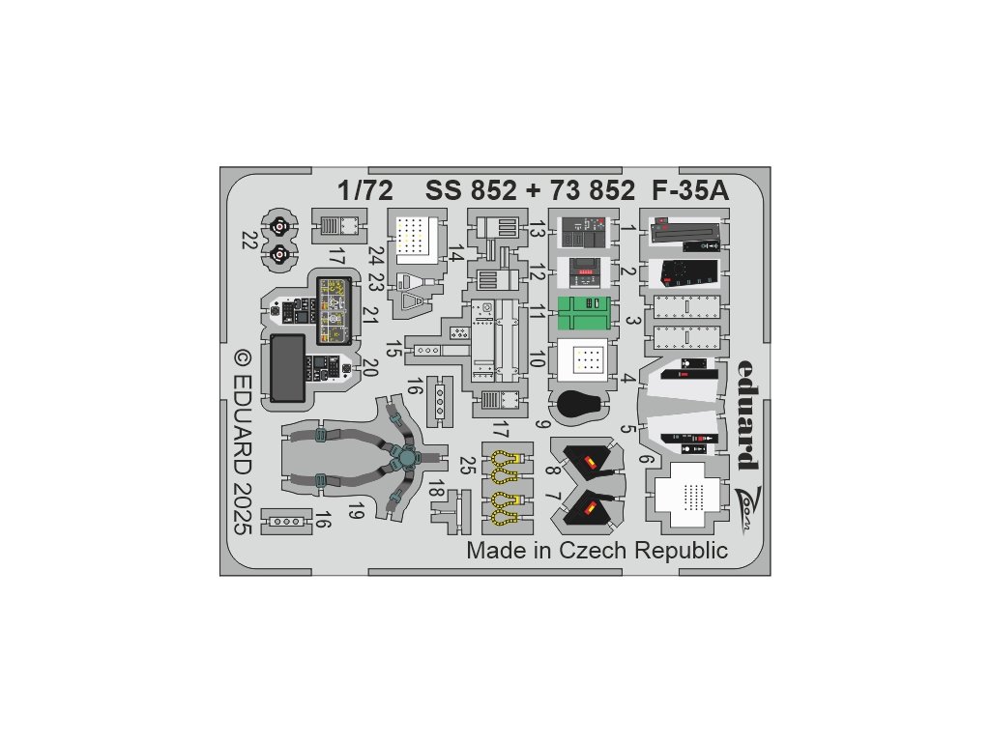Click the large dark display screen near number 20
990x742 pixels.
[x=287, y=368]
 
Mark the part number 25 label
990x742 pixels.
[x=467, y=465]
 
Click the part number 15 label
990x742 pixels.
[x=393, y=350]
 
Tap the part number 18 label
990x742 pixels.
[x=437, y=489]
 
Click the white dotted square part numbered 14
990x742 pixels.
[x=417, y=235]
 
